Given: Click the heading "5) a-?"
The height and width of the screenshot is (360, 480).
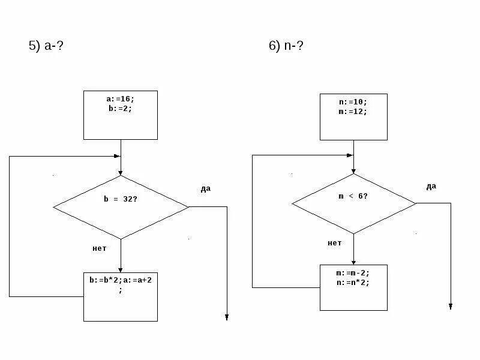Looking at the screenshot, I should click(x=46, y=46).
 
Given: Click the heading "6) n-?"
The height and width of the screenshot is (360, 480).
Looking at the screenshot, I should click(x=286, y=46).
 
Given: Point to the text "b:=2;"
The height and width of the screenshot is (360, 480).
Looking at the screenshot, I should click(x=118, y=109).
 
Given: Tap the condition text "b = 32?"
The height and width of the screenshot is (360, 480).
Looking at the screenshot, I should click(x=121, y=199).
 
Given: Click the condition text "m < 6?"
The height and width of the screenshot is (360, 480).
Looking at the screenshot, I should click(x=353, y=196).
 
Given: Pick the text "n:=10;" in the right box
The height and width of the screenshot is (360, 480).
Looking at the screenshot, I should click(x=353, y=103).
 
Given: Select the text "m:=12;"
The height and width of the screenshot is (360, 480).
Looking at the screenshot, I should click(x=353, y=111).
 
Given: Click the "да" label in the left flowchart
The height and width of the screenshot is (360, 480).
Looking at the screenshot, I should click(x=205, y=189).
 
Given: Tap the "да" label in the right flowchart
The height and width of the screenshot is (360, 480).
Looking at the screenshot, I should click(x=431, y=187).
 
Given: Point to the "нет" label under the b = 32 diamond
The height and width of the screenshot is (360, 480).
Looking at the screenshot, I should click(x=99, y=248).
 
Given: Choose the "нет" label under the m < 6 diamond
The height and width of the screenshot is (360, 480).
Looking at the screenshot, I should click(x=334, y=243).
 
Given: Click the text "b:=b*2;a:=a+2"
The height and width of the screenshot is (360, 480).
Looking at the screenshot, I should click(x=120, y=280).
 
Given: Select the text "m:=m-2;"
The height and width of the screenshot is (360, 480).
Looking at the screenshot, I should click(x=353, y=273).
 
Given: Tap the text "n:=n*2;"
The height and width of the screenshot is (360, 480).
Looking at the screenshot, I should click(x=353, y=281).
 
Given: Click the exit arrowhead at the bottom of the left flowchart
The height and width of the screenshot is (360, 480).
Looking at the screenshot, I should click(x=227, y=317).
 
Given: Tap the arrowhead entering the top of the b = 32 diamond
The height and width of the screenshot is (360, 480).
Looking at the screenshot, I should click(x=121, y=172).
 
